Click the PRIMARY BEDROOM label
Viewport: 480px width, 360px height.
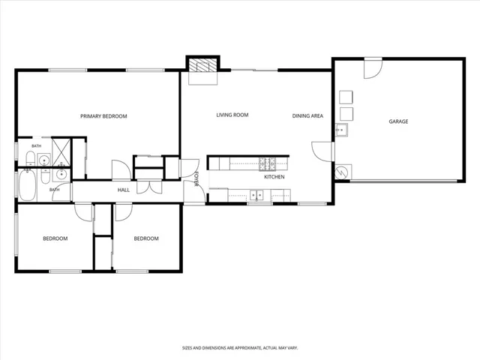click(x=103, y=116)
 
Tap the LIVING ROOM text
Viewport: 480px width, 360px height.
click(x=232, y=115)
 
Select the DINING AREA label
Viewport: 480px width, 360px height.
click(x=307, y=115)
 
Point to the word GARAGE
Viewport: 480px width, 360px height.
click(x=398, y=121)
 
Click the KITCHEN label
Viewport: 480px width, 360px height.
click(x=274, y=177)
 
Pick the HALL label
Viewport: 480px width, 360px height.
click(x=124, y=190)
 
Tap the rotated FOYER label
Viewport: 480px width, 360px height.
click(x=196, y=178)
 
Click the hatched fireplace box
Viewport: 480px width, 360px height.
click(x=202, y=65)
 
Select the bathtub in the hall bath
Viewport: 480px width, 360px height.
click(x=28, y=185)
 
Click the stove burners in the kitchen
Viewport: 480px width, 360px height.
click(x=267, y=164)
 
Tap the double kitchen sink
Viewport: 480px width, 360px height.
click(x=256, y=195)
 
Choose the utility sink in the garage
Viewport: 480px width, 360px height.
click(x=341, y=130)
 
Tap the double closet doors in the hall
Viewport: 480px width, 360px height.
click(x=149, y=187)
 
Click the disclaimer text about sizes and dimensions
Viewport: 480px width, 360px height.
click(x=240, y=348)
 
